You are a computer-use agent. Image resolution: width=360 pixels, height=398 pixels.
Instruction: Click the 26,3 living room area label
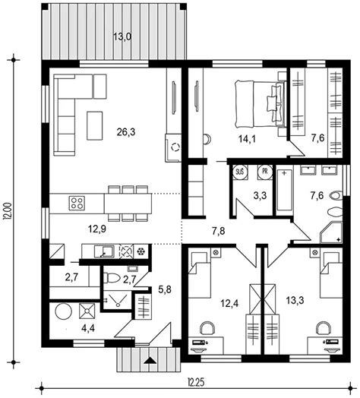click(x=126, y=132)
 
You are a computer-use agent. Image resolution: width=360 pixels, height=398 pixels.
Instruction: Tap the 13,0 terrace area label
click(x=122, y=37)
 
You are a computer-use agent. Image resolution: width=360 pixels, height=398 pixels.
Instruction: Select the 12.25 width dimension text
click(x=196, y=381)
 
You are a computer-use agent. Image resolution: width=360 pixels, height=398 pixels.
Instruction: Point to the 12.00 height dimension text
click(x=8, y=210)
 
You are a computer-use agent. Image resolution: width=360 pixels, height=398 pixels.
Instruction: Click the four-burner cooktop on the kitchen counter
click(x=77, y=204)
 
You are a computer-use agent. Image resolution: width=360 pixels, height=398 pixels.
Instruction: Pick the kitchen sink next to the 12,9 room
click(x=104, y=251)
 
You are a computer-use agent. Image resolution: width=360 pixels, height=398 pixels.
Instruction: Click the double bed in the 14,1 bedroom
click(x=261, y=103)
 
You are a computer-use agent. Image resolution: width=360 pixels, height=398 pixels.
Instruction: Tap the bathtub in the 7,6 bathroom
click(x=284, y=190)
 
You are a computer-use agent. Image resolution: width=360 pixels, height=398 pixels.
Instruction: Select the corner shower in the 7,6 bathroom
click(x=331, y=232)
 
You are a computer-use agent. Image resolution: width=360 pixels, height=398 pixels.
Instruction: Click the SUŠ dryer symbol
click(x=240, y=172)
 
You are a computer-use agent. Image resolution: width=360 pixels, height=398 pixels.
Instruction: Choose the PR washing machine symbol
click(x=265, y=172)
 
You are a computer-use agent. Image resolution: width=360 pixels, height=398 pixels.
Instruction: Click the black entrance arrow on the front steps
click(x=151, y=361)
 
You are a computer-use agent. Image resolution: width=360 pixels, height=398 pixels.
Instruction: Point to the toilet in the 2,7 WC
click(x=112, y=278)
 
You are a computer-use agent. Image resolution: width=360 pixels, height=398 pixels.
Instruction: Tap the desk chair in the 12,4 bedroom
click(x=207, y=328)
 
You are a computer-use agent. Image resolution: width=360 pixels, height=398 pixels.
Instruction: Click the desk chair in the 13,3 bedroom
click(x=324, y=328)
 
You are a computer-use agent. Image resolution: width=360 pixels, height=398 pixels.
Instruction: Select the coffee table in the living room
click(x=95, y=125)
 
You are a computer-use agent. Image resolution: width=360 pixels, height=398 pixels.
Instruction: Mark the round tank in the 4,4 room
click(x=64, y=311)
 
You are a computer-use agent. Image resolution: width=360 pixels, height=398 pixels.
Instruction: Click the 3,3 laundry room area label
click(x=260, y=196)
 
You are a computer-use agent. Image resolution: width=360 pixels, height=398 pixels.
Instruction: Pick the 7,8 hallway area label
click(x=218, y=231)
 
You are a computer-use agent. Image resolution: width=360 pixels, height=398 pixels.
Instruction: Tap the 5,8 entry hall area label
click(x=165, y=289)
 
